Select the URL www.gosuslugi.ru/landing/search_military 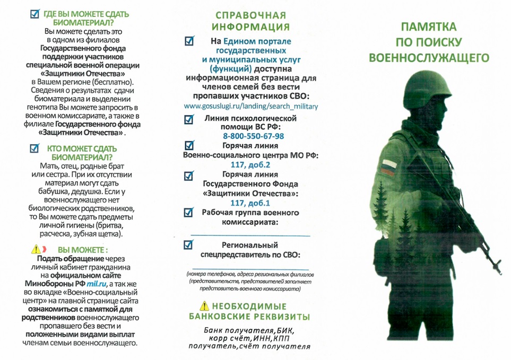[x=251, y=106]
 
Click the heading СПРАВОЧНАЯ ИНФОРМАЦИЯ [x=251, y=21]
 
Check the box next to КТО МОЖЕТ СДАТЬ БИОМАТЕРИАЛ [x=35, y=149]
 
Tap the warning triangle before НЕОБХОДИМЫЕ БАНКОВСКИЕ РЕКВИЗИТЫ [x=204, y=306]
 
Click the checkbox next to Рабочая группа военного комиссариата [x=188, y=213]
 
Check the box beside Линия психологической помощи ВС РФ [x=188, y=119]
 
